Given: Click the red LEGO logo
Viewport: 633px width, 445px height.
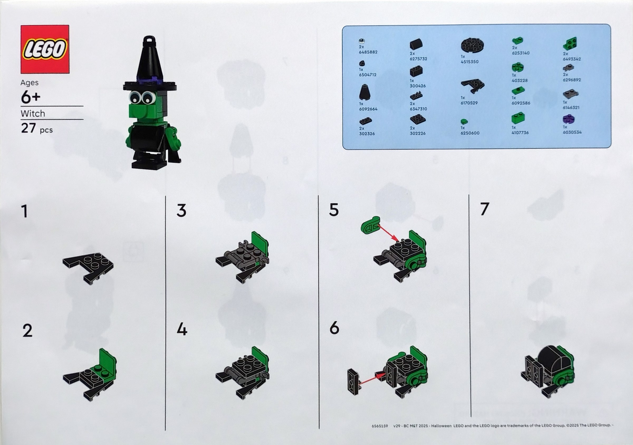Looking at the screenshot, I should [45, 49].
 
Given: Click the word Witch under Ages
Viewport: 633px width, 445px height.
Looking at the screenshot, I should [33, 114].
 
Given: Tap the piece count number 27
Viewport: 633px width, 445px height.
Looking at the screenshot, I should [28, 128].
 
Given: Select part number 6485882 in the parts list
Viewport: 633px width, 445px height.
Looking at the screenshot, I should [368, 52].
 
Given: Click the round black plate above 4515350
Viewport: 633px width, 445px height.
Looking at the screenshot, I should [472, 46].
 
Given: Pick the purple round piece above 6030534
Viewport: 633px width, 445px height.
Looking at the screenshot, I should [568, 119].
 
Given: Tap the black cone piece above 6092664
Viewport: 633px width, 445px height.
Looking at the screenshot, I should [365, 92].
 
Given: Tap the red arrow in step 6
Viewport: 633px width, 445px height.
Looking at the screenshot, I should [368, 380].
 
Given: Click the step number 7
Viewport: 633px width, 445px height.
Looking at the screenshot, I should [485, 209].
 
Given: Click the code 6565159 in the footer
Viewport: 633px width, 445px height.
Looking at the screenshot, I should [380, 426].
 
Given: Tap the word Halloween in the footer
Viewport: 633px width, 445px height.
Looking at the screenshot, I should [442, 426].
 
